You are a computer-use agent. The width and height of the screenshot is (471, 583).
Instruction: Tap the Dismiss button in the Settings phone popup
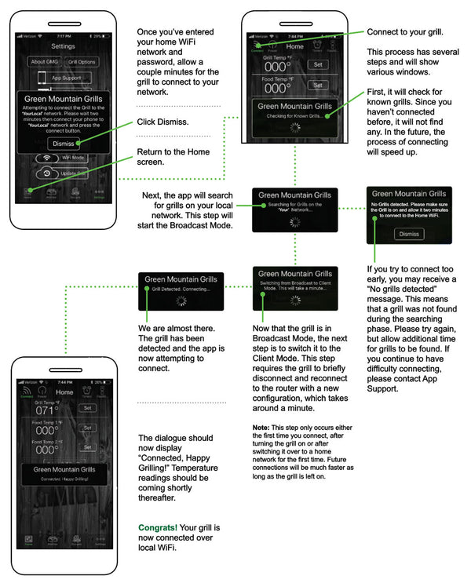63,144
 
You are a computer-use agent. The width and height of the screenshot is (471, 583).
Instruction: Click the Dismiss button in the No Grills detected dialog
408,234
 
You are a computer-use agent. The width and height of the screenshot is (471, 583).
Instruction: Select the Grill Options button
83,62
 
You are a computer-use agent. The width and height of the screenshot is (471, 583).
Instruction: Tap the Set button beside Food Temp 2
87,447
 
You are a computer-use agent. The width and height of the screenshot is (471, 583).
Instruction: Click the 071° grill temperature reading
46,410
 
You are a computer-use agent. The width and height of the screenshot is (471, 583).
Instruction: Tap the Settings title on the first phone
64,46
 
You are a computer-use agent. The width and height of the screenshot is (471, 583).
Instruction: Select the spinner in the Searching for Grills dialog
295,221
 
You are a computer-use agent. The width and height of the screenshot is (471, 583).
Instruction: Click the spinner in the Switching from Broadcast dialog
295,302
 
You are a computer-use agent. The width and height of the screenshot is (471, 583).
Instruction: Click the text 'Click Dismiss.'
163,122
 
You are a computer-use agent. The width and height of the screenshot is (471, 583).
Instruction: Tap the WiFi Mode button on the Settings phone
63,157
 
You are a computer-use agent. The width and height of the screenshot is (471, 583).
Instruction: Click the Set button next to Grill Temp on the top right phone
318,64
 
